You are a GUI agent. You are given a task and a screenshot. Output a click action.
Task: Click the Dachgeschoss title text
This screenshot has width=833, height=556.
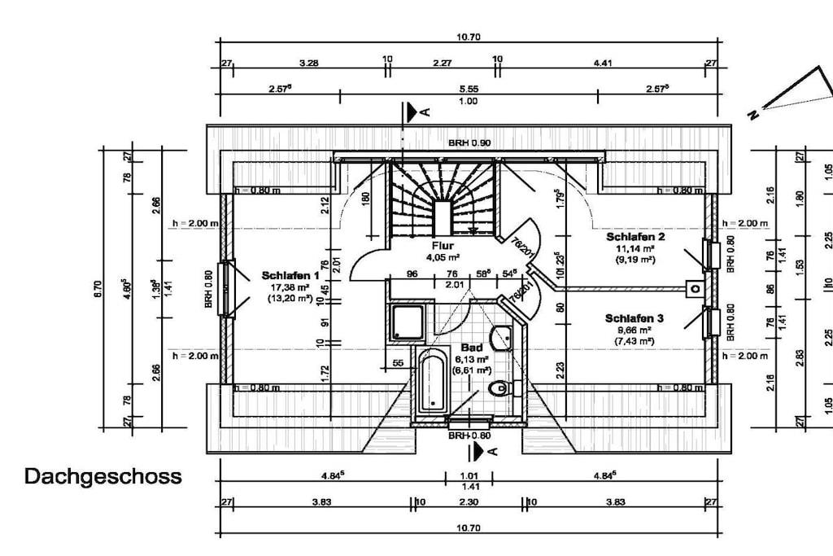pos(103,476)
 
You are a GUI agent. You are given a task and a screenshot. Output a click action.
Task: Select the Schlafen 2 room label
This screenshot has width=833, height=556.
pos(635,237)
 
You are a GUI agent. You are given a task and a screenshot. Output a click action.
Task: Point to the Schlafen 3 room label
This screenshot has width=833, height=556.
pos(635,318)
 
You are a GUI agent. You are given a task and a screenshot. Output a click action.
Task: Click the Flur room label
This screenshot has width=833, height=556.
pos(443,245)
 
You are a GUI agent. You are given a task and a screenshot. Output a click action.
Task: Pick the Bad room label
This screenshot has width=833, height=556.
pos(471,346)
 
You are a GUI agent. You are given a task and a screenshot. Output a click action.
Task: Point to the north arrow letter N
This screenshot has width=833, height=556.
pos(753,115)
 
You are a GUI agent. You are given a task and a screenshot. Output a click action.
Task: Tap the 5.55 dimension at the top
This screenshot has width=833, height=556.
pos(468,89)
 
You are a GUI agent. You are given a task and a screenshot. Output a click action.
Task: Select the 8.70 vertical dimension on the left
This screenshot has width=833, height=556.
pos(98,287)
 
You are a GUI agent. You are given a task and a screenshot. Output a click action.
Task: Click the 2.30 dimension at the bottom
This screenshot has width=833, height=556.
pos(469,502)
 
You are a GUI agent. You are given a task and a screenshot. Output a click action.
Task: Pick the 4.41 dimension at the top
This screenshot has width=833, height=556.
pos(602,62)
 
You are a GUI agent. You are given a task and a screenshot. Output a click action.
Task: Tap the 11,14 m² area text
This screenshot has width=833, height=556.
pos(635,248)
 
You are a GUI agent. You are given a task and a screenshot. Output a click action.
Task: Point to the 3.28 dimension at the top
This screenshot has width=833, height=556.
pos(308,62)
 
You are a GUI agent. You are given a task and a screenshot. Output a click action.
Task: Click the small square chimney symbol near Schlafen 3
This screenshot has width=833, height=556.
pos(694,287)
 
